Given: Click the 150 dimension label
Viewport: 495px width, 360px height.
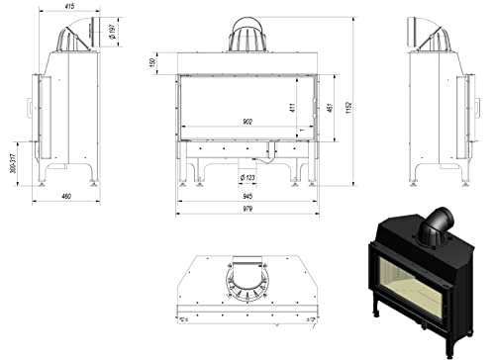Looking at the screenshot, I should [154, 61].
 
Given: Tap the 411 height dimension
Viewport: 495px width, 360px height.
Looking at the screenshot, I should [292, 105].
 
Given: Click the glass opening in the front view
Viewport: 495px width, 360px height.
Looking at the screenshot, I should [247, 104].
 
